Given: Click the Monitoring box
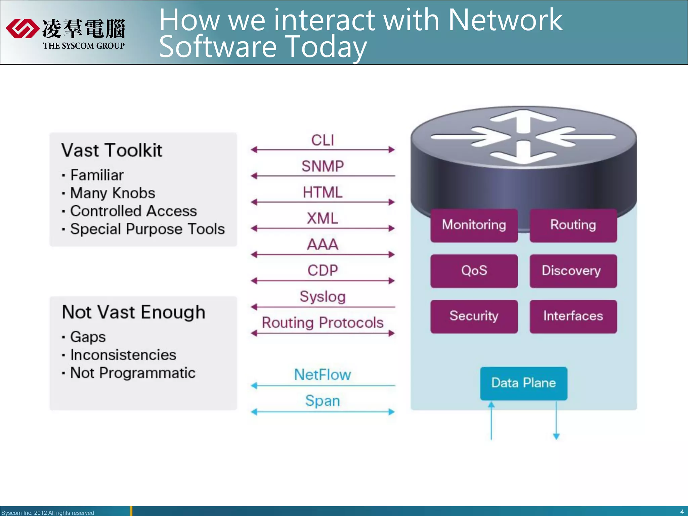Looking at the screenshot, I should (x=474, y=225).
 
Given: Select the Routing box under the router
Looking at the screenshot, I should (x=573, y=225).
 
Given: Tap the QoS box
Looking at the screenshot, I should (x=474, y=271).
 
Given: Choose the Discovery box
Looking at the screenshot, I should (x=573, y=271).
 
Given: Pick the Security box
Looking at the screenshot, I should (x=474, y=316).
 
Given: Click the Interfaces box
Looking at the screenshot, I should (x=573, y=316).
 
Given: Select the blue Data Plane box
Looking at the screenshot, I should (x=523, y=383).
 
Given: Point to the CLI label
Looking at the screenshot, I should (x=322, y=140).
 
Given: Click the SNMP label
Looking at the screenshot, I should (x=322, y=166).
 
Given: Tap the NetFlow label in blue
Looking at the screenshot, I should (x=322, y=375).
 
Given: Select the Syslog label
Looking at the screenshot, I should (x=322, y=297).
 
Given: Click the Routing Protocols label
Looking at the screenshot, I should (x=322, y=323).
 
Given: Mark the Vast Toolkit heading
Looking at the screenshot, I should (x=112, y=150).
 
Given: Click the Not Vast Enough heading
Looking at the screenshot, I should (x=134, y=312).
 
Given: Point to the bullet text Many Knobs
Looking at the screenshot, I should (x=113, y=193).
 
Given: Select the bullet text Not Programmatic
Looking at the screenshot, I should (x=133, y=373).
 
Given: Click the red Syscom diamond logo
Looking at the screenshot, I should (x=22, y=29).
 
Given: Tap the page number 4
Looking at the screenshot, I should (x=682, y=512).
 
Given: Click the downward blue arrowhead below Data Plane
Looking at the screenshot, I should (x=556, y=436).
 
